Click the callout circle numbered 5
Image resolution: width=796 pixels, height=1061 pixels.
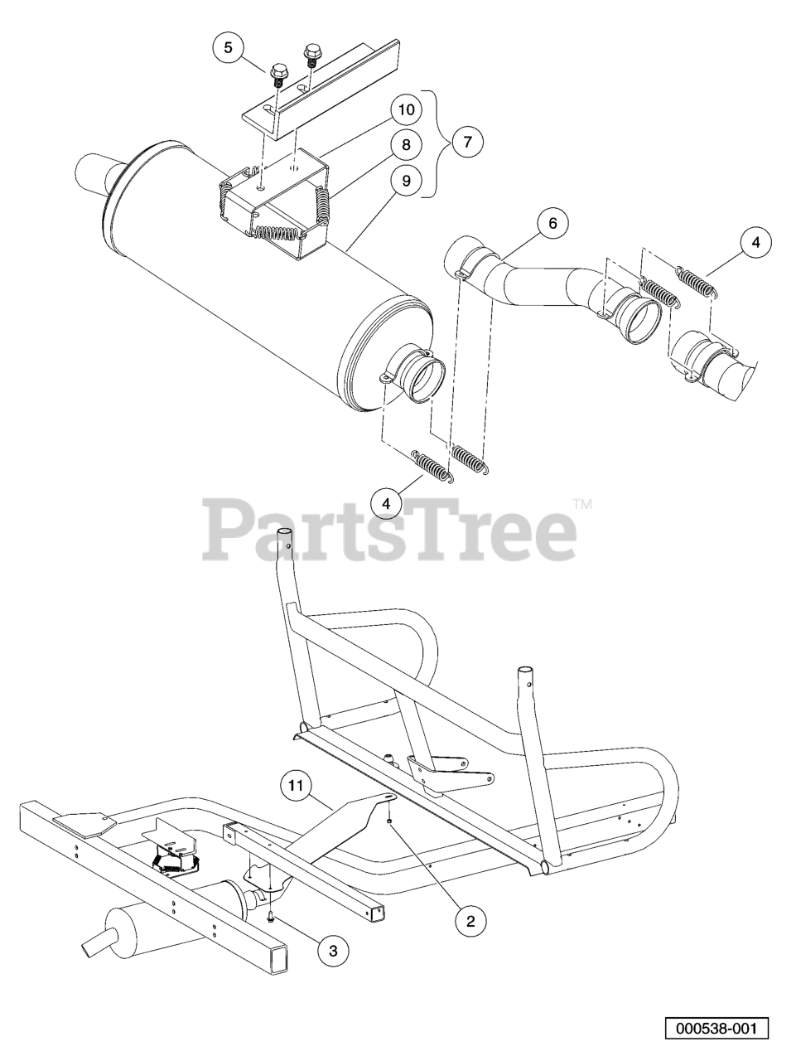coord(229,47)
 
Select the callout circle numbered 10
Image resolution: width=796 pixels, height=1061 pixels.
coord(406,109)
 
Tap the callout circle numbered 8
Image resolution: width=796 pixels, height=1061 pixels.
coord(406,144)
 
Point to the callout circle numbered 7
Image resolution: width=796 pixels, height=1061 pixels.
coord(467,141)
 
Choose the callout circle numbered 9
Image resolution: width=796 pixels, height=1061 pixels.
coord(406,180)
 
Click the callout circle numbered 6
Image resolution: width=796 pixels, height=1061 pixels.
coord(552,223)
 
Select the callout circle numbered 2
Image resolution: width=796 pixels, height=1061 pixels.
coord(470,921)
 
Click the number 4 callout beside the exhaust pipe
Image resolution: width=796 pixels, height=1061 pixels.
coord(756,242)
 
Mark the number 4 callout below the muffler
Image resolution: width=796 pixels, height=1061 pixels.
coord(386,504)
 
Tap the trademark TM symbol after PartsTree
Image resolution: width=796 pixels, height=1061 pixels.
coord(583,505)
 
